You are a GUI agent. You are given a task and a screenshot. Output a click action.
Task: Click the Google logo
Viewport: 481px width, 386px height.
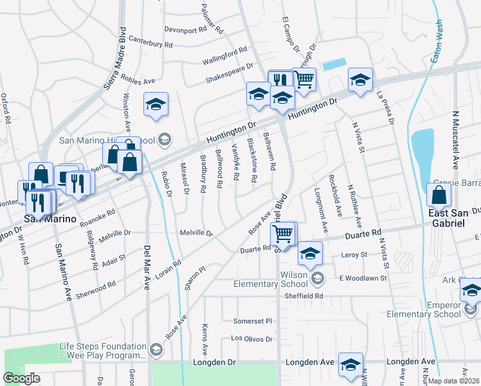pyautogui.click(x=21, y=378)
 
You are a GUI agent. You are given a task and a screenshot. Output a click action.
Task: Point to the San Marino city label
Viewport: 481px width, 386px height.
pyautogui.click(x=50, y=219)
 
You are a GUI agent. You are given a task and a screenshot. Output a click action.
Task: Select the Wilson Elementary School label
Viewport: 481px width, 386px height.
pyautogui.click(x=284, y=279)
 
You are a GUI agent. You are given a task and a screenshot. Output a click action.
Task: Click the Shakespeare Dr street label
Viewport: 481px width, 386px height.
pyautogui.click(x=230, y=73)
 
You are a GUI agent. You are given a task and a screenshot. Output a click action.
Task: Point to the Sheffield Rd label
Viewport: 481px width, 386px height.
pyautogui.click(x=305, y=296)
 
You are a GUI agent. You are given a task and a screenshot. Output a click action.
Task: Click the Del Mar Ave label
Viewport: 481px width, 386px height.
pyautogui.click(x=147, y=266)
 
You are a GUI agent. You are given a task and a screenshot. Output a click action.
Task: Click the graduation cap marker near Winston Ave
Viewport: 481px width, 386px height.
pyautogui.click(x=155, y=106)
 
